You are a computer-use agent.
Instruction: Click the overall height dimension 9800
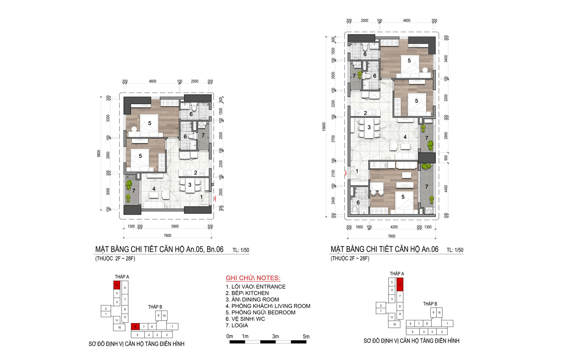coord(98,153)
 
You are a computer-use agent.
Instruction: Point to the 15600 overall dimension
coord(324,127)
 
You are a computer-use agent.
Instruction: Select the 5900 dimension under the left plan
coord(175,226)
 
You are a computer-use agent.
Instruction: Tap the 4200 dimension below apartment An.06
coord(394,227)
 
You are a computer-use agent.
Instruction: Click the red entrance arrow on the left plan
coord(215,199)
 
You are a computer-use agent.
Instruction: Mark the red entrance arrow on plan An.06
coord(346,173)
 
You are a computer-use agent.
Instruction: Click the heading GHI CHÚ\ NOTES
coord(253,278)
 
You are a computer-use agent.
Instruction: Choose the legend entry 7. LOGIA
coord(237,325)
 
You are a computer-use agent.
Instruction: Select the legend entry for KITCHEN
coord(247,293)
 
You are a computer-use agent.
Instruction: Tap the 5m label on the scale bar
coord(306,336)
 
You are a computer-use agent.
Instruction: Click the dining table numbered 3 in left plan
coord(190,185)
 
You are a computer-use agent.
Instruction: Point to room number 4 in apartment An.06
coord(405,137)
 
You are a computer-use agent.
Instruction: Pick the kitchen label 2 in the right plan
coord(365,113)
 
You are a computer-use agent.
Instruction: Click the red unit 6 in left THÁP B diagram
coord(135,326)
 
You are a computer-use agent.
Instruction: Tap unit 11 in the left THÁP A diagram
coord(117,320)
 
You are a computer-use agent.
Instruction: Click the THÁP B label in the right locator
coord(430,304)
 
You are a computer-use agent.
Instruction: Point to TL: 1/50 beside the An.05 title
coord(241,250)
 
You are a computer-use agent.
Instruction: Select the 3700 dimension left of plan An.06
coord(333,139)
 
